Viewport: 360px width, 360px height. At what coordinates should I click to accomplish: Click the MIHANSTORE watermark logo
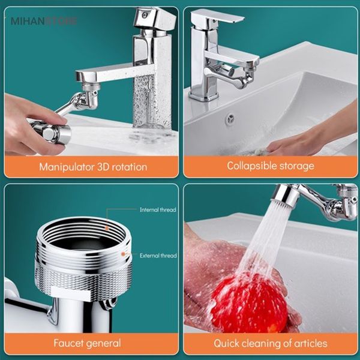pyautogui.click(x=44, y=21)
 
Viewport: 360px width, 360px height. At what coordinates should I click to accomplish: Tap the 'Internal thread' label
pyautogui.click(x=158, y=209)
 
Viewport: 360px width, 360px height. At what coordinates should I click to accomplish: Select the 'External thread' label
pyautogui.click(x=158, y=256)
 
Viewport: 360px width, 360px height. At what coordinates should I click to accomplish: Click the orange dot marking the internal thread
pyautogui.click(x=107, y=228)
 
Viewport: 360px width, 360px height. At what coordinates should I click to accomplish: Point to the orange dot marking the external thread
pyautogui.click(x=123, y=254)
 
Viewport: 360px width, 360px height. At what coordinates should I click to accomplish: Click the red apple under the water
pyautogui.click(x=249, y=303)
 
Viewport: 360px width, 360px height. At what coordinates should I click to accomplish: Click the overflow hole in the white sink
pyautogui.click(x=230, y=119)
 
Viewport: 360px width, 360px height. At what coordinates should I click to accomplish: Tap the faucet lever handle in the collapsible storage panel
pyautogui.click(x=217, y=17)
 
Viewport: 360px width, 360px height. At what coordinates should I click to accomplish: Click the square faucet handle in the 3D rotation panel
pyautogui.click(x=155, y=19)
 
